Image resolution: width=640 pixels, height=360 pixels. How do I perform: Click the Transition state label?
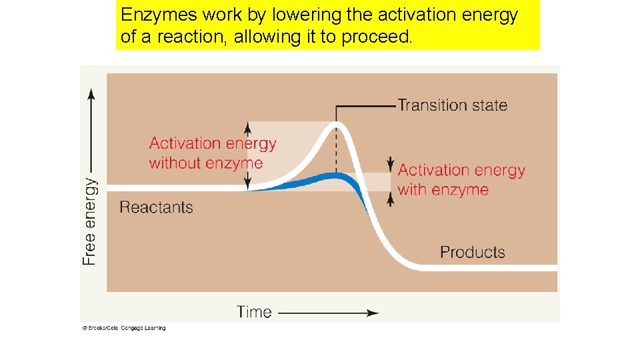tap(452, 105)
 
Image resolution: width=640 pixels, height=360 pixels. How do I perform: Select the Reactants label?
tap(156, 207)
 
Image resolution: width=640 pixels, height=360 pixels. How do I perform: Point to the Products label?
tap(472, 252)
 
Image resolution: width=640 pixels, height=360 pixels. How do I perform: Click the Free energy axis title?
tap(89, 221)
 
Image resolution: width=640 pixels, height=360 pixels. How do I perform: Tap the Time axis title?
tap(254, 311)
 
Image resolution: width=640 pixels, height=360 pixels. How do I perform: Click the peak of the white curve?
tap(336, 127)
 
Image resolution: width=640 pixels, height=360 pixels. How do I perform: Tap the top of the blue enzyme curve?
tap(335, 176)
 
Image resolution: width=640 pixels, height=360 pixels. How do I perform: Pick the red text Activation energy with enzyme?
tap(461, 180)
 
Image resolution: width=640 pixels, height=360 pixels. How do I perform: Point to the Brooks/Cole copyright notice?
tap(124, 328)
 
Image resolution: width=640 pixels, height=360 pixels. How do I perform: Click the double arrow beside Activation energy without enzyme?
tap(248, 155)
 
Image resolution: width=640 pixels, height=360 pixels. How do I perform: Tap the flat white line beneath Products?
tap(487, 267)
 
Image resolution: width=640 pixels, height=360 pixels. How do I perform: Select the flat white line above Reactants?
tap(173, 188)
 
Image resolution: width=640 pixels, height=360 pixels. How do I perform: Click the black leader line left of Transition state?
tap(367, 105)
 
